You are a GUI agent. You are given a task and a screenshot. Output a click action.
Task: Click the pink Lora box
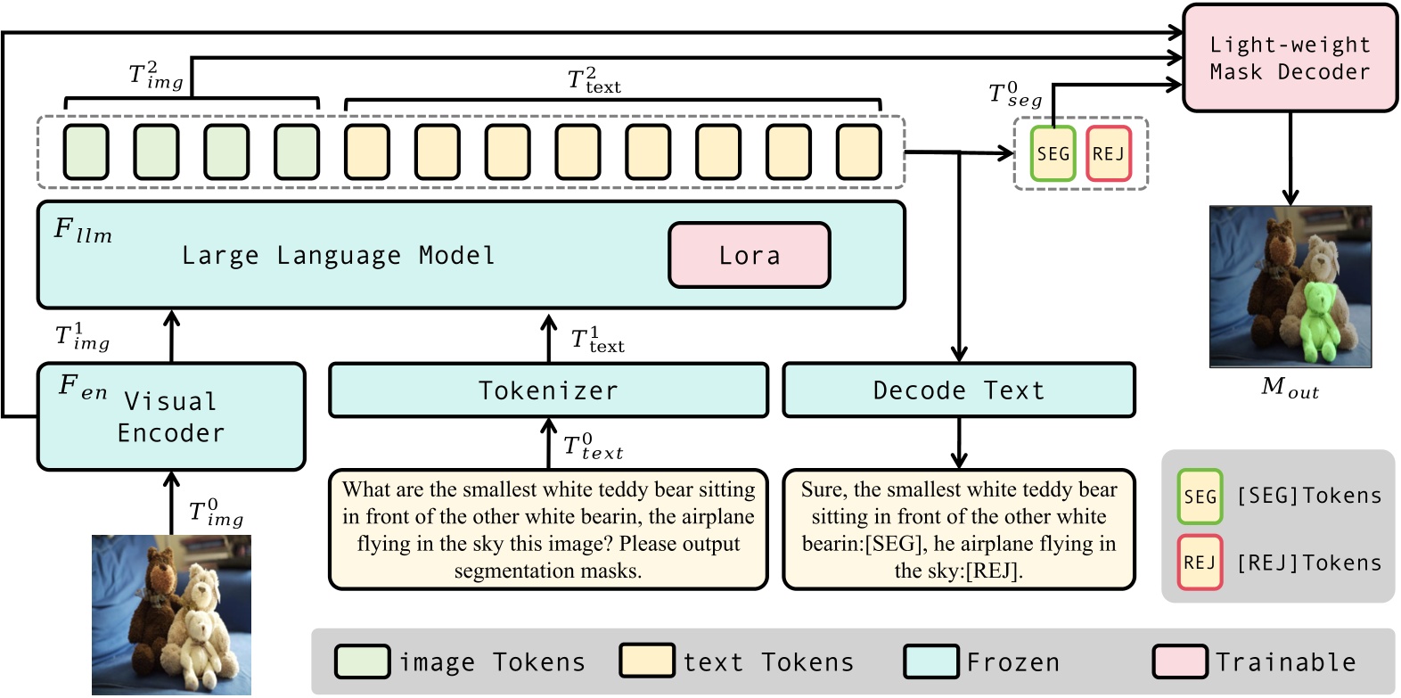[750, 255]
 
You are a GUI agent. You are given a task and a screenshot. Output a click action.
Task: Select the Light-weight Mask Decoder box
[1290, 58]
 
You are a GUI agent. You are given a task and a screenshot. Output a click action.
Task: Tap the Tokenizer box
[548, 390]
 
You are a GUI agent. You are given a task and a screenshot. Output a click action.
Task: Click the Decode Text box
[959, 390]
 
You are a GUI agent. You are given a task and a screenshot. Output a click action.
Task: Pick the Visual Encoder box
[171, 416]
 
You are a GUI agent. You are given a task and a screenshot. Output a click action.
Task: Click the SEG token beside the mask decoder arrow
[1053, 154]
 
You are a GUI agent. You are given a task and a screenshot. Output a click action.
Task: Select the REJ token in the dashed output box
[1109, 154]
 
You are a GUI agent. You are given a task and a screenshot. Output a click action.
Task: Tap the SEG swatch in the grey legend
[1200, 497]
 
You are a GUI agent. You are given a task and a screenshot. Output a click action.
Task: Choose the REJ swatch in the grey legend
[1200, 563]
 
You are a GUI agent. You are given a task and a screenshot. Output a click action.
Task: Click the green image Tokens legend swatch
[362, 661]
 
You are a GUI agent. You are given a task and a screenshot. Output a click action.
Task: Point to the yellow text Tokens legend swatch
[647, 661]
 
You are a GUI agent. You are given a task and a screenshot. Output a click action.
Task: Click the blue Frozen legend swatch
[931, 661]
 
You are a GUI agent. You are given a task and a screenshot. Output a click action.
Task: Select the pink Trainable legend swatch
[1180, 661]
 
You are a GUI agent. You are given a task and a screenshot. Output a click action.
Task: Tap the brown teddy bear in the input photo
[154, 601]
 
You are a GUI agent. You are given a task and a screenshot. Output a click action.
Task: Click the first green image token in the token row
[86, 152]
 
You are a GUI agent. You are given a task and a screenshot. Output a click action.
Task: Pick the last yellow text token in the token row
[859, 152]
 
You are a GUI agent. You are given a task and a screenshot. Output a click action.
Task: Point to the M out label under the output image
[1290, 388]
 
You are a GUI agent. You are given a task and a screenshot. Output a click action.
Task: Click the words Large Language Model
[339, 256]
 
